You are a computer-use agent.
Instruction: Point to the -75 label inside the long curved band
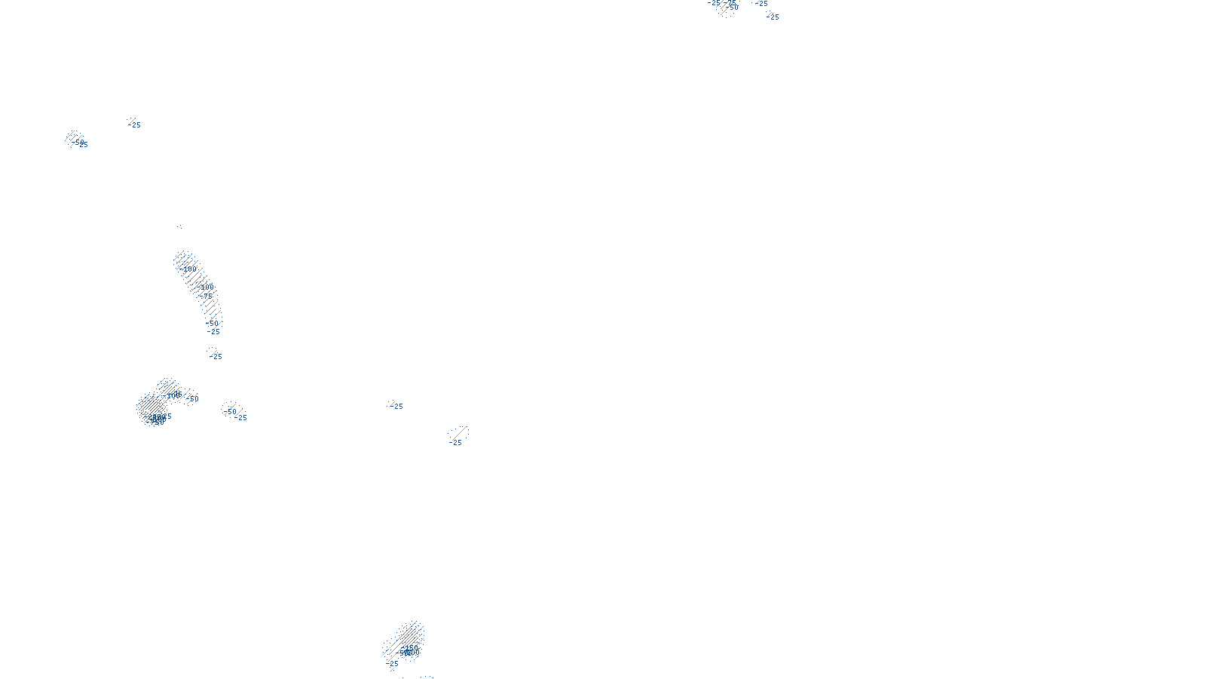tap(206, 296)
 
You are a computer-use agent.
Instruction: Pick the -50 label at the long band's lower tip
tap(213, 323)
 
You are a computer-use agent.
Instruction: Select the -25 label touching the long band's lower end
tap(215, 332)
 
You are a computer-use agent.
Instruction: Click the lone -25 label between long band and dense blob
tap(217, 356)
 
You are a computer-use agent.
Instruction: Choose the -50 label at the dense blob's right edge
tap(193, 398)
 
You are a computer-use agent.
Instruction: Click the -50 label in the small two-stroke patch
tap(231, 411)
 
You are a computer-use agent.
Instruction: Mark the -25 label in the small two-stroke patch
tap(242, 417)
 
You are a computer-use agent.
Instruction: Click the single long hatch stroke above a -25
tap(459, 433)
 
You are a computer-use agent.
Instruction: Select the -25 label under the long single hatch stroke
tap(456, 443)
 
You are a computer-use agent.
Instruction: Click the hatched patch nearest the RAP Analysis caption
tap(406, 641)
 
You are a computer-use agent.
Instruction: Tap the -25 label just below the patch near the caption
tap(393, 664)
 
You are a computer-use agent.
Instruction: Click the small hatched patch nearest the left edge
tap(73, 137)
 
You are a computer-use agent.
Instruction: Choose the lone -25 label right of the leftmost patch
tap(136, 124)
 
